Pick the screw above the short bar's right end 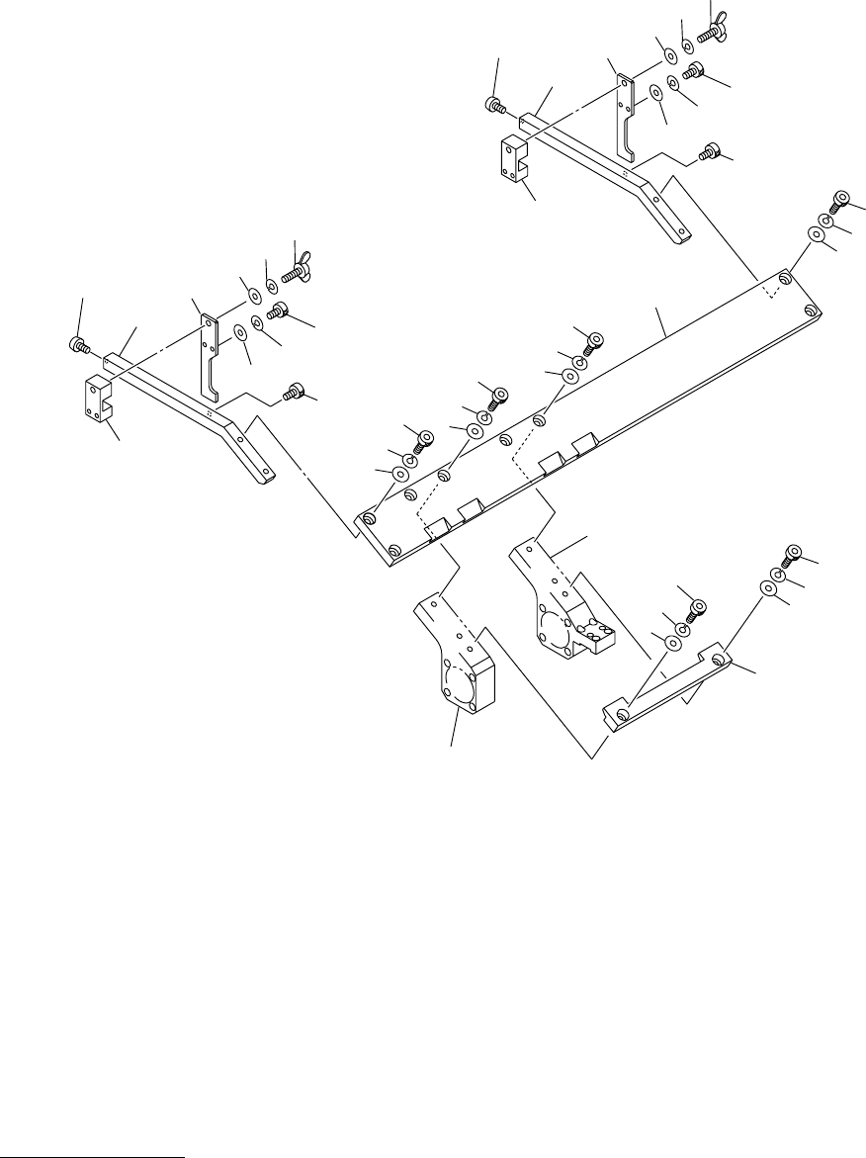tap(792, 555)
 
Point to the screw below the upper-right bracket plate tap(709, 152)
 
